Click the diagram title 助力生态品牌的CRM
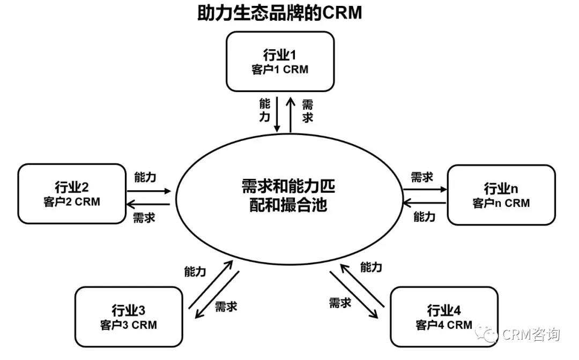pos(279,13)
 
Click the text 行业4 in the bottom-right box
pos(444,310)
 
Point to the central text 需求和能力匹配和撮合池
pos(288,196)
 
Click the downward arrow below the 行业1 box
pos(277,114)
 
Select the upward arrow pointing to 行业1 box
pos(291,114)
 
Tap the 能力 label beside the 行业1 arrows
pos(265,110)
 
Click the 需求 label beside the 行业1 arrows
pos(308,111)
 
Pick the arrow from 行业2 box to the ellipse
pos(149,191)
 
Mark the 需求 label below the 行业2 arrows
pos(144,217)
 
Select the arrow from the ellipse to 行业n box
pos(425,190)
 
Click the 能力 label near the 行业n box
pos(424,216)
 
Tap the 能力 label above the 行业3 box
pos(195,272)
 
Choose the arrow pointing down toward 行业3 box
pos(217,295)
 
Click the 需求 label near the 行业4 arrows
pos(340,303)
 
